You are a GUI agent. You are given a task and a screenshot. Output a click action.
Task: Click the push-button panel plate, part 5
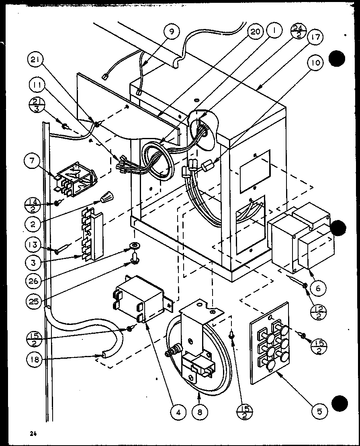[269, 342]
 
